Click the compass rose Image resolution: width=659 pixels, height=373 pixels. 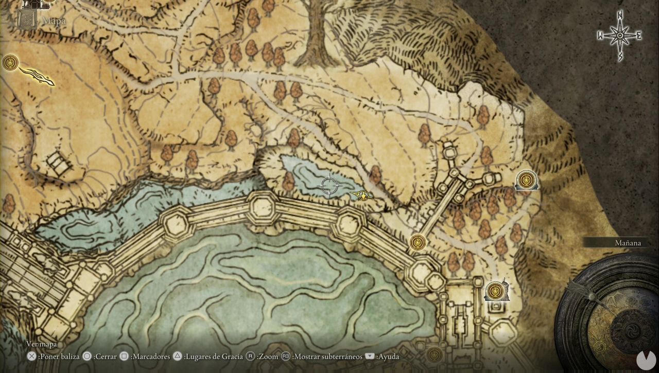(620, 35)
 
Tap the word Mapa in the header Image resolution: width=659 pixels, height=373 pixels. (54, 21)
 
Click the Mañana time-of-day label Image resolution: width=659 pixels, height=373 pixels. (628, 243)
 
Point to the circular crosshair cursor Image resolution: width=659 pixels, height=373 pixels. (329, 185)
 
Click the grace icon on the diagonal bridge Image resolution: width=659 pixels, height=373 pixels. (418, 241)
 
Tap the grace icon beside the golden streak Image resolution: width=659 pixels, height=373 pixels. (10, 63)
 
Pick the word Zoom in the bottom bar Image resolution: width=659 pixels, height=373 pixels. (268, 356)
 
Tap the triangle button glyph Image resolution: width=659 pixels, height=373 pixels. (178, 356)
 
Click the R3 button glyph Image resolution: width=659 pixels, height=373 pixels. (287, 356)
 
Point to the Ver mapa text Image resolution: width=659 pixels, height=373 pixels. (42, 344)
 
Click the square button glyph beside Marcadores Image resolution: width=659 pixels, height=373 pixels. (124, 356)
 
